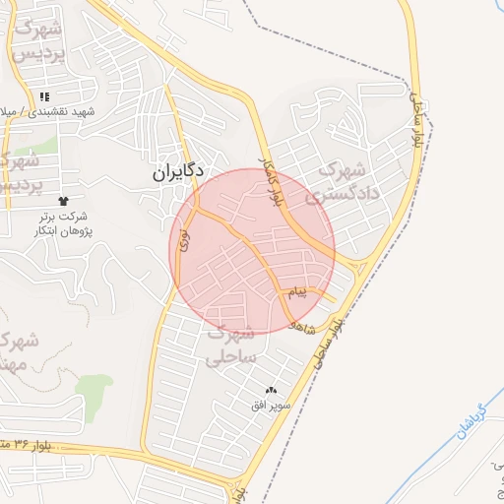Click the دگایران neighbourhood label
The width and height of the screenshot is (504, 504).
point(177,171)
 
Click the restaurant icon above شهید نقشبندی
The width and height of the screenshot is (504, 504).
point(44,96)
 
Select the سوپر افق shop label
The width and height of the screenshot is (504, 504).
point(269,405)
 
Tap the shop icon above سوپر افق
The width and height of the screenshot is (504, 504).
point(271,391)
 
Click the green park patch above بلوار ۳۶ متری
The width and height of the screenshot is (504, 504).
point(94,391)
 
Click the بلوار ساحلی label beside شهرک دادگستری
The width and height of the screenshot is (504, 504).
point(418,123)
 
